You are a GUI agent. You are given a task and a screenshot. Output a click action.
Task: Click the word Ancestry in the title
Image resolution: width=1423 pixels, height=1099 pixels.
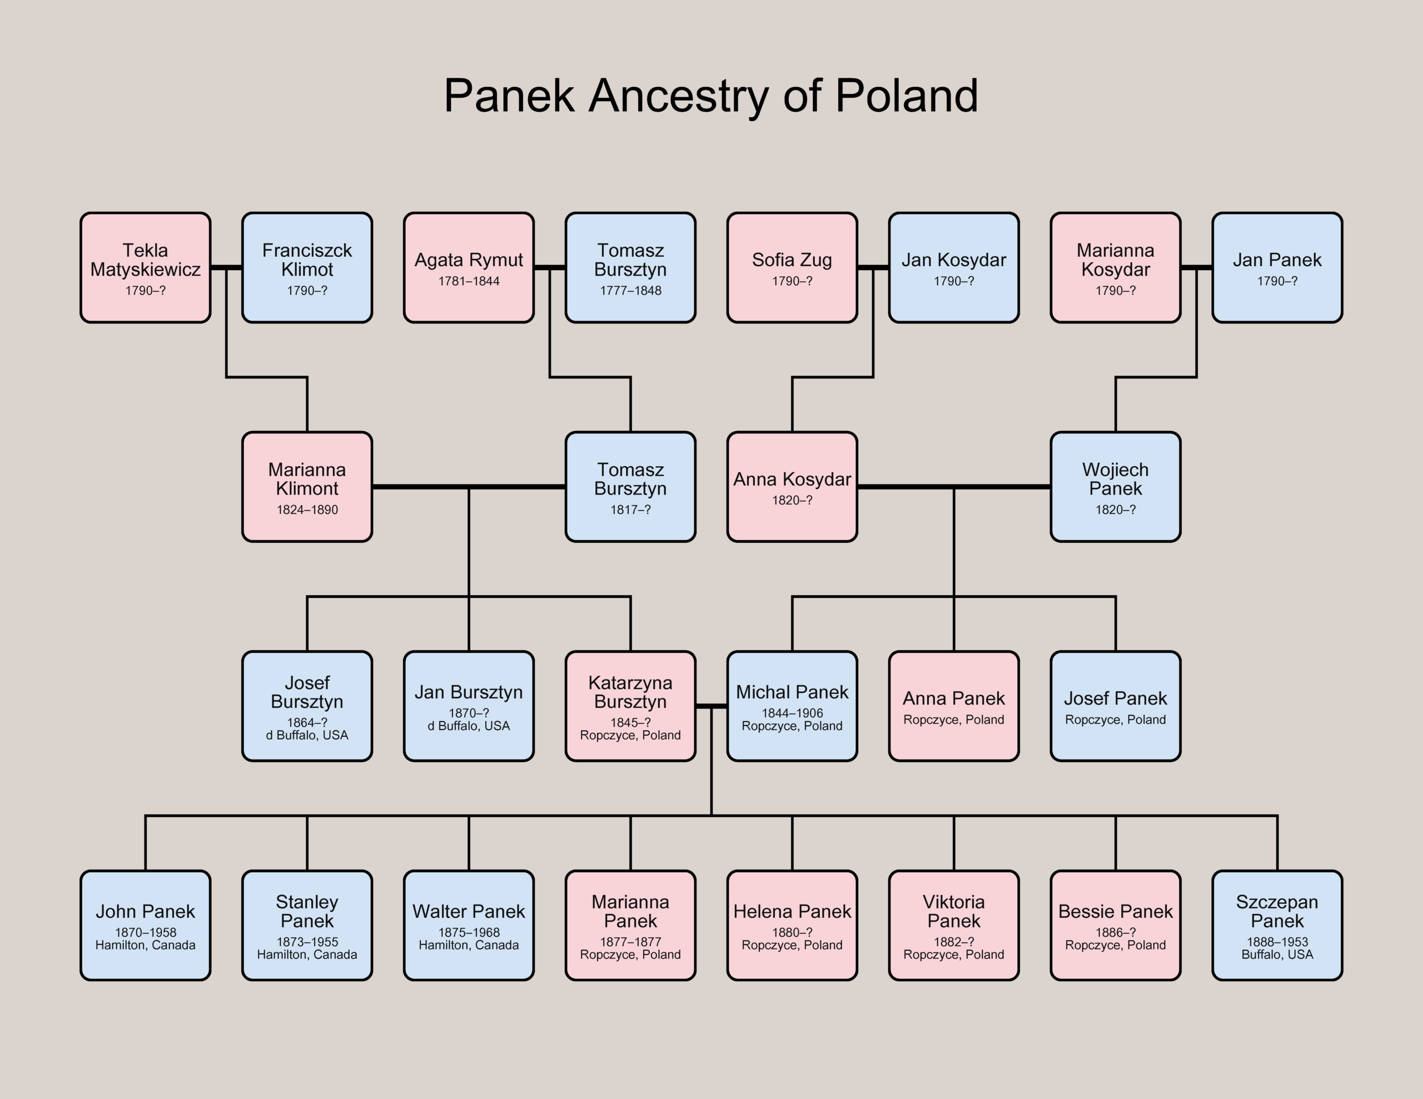pos(678,97)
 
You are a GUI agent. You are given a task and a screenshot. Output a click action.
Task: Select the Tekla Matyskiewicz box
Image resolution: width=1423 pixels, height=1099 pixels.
pos(145,268)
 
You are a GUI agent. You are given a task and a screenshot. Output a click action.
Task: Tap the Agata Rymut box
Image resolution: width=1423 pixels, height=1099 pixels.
pos(469,268)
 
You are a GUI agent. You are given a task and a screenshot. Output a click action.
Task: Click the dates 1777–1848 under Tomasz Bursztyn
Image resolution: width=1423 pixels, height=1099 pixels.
pos(630,291)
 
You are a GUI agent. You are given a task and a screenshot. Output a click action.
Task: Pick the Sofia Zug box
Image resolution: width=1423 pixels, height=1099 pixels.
pos(792,268)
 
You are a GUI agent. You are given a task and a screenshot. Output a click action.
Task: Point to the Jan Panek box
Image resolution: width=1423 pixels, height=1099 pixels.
pos(1276,268)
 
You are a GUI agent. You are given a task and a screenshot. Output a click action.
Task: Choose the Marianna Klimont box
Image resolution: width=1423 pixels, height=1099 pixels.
pos(307,487)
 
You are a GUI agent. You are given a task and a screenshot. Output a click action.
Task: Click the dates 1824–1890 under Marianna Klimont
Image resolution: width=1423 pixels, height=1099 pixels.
pos(307,510)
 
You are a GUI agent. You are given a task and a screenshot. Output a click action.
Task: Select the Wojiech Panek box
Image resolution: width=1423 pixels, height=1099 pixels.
pos(1115,487)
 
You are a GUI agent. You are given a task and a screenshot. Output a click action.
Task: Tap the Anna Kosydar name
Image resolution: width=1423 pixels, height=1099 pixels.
pos(792,479)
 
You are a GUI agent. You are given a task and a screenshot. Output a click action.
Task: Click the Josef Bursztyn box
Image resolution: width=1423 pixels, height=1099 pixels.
pos(307,706)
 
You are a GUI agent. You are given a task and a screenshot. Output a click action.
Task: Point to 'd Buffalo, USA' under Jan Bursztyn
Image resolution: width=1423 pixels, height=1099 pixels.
pos(469,726)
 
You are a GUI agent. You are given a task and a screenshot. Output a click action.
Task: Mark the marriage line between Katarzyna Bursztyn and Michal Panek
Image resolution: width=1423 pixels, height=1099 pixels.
pos(711,706)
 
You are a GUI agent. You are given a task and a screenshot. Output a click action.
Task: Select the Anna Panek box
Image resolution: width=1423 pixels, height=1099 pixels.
pos(953,706)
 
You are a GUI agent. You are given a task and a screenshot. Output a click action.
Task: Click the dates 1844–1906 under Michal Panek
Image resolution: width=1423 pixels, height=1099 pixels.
pos(792,713)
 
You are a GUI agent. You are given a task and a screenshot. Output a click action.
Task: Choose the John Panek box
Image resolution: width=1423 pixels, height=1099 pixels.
pos(145,925)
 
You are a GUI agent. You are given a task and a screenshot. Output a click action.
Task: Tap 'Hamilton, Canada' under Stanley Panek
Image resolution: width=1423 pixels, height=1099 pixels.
pos(307,955)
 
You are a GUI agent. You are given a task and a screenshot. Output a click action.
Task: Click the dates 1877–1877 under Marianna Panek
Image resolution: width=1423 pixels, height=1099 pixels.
pos(630,942)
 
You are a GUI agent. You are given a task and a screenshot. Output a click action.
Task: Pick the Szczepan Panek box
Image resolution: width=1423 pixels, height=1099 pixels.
pos(1276,925)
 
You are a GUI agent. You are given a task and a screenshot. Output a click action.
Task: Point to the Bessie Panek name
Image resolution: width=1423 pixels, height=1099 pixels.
pos(1115,911)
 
